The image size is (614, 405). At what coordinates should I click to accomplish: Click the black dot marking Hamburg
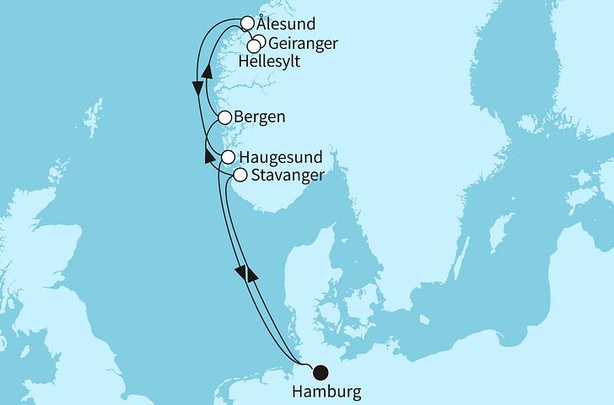(320, 371)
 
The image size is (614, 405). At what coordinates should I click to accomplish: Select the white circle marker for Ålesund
(248, 24)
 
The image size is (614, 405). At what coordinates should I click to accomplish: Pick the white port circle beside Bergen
(225, 118)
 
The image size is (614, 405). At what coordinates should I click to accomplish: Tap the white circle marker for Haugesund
(228, 157)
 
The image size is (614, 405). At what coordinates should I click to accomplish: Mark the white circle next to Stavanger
(240, 175)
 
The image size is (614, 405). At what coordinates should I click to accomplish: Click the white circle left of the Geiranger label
(260, 41)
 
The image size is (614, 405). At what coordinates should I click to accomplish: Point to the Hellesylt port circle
(253, 46)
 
